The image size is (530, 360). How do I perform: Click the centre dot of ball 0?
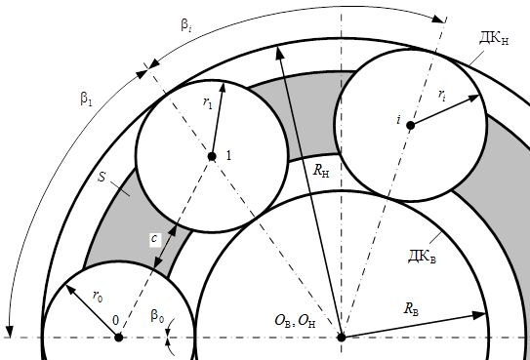coord(119,337)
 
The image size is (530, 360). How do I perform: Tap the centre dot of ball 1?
coord(212,157)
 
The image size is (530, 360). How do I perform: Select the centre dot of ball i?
coord(410,126)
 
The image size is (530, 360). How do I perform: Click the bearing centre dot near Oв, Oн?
coord(342,337)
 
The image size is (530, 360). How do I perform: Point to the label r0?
coord(98,297)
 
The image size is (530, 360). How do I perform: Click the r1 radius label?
coord(208,102)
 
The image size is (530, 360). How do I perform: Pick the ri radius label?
coord(442,95)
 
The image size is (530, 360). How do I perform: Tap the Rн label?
coord(321,171)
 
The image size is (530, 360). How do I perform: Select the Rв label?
coord(411,309)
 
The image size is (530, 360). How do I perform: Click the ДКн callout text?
coord(494,38)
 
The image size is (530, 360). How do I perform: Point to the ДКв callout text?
coord(423,257)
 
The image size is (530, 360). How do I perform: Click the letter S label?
coord(102,177)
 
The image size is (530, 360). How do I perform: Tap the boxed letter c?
coord(155,239)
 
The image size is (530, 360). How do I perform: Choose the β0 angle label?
coord(157,316)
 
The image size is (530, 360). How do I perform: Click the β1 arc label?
coord(86,99)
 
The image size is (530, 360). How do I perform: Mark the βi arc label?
coord(186,25)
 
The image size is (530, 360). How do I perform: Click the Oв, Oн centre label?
coord(296,321)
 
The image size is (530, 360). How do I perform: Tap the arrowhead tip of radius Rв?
coord(486,314)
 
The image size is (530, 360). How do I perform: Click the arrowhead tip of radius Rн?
coord(277,46)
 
